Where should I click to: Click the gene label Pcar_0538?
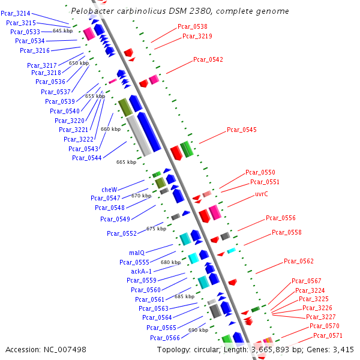click(193, 26)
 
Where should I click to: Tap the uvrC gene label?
click(261, 194)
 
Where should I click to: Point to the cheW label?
click(109, 189)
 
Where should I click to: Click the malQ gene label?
click(137, 253)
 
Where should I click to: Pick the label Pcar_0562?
click(299, 261)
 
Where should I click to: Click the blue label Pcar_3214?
click(16, 13)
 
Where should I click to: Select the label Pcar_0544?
click(86, 158)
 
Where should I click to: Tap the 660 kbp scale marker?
click(110, 129)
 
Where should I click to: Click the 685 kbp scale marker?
click(184, 296)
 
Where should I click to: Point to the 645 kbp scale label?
click(63, 31)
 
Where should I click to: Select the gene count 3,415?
click(341, 349)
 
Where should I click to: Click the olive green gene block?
click(125, 107)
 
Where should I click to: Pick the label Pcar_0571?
click(328, 335)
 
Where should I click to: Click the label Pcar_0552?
click(122, 233)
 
